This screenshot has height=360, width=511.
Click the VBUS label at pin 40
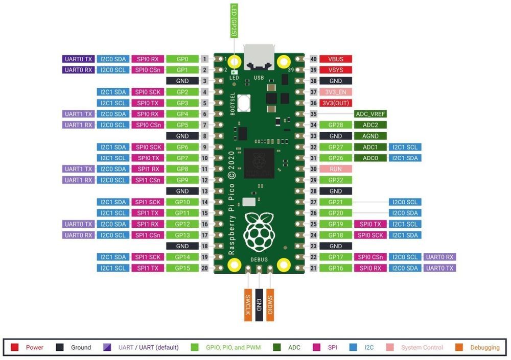335,59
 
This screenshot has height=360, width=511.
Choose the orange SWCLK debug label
247,306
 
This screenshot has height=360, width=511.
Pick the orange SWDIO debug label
270,306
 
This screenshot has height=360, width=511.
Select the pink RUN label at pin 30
335,169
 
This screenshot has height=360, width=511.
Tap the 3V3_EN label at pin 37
335,92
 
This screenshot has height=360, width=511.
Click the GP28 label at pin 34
335,125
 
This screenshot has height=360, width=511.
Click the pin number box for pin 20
204,268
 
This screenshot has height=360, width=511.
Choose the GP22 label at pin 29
335,180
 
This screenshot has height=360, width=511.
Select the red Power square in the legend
15,348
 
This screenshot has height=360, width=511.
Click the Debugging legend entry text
484,348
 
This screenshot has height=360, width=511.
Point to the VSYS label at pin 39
335,70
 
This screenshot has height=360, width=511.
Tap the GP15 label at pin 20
182,268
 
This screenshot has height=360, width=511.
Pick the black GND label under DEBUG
259,306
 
